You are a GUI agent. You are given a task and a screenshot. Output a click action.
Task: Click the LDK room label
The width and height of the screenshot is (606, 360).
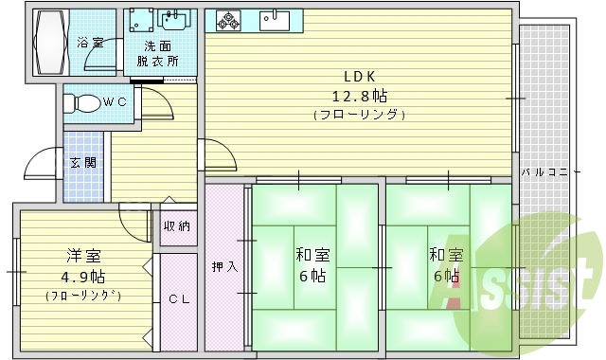point(358,77)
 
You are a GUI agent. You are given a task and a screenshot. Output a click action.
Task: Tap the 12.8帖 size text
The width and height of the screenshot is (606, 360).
point(359,96)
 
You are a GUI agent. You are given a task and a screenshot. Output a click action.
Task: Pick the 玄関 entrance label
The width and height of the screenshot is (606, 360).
point(81,162)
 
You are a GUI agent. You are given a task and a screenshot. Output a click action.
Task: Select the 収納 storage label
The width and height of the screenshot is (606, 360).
point(177,225)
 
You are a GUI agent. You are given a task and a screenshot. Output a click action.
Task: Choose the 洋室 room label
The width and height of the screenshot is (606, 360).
point(84,257)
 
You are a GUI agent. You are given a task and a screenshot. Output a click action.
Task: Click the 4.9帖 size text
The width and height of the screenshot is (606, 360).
point(84,276)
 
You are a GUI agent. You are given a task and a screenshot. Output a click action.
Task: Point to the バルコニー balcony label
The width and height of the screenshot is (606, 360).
point(550,172)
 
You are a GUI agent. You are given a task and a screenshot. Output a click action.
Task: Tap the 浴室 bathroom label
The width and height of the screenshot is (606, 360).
point(91,43)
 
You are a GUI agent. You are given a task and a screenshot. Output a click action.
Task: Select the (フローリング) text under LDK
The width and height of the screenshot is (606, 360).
point(359,115)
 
